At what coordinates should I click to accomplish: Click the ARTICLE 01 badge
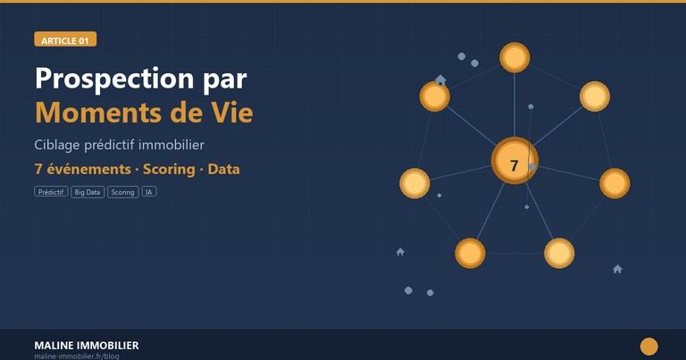point(65,40)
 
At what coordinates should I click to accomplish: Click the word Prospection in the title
point(110,79)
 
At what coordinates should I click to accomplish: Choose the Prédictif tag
point(51,191)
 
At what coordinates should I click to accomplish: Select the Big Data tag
point(88,191)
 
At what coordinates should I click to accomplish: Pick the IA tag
point(148,191)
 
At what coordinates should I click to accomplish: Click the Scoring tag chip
point(122,191)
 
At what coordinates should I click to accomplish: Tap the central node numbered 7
point(514,164)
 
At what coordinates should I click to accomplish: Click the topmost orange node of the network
point(514,58)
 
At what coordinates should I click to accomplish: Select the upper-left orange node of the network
point(434,96)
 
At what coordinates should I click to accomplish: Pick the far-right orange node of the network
point(615,183)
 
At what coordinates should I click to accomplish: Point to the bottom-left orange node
point(470,253)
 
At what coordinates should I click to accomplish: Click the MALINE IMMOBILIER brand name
point(86,345)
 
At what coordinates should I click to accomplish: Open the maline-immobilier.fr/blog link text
point(77,356)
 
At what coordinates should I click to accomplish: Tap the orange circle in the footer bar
point(649,347)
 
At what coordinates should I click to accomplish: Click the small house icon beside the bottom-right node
point(617,269)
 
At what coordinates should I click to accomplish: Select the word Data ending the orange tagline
point(223,168)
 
